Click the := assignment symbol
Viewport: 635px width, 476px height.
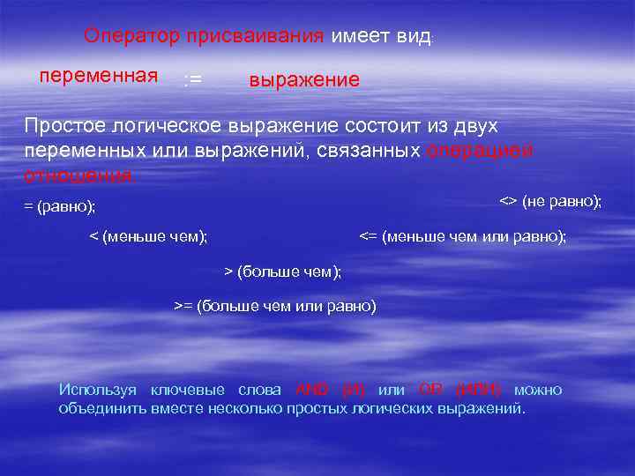(191, 80)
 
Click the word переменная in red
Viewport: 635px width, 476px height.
(99, 74)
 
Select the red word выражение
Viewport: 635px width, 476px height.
(304, 80)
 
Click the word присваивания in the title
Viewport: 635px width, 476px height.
(256, 37)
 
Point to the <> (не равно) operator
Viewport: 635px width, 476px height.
(550, 202)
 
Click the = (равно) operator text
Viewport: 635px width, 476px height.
(60, 207)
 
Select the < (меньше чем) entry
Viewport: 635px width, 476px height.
(149, 236)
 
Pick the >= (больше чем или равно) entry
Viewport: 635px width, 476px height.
(274, 306)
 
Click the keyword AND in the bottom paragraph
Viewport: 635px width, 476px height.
(312, 390)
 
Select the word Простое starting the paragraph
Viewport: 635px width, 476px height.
(68, 126)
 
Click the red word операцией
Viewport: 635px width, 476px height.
(480, 150)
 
